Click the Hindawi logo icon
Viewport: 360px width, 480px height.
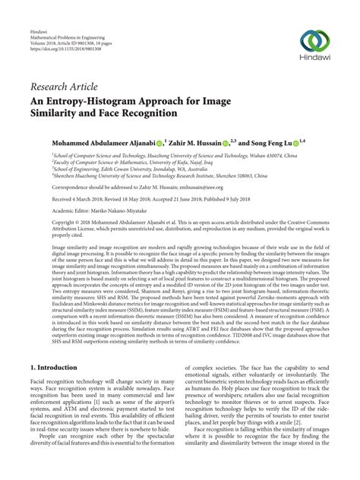pos(318,41)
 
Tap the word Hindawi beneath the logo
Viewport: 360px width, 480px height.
pos(318,61)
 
